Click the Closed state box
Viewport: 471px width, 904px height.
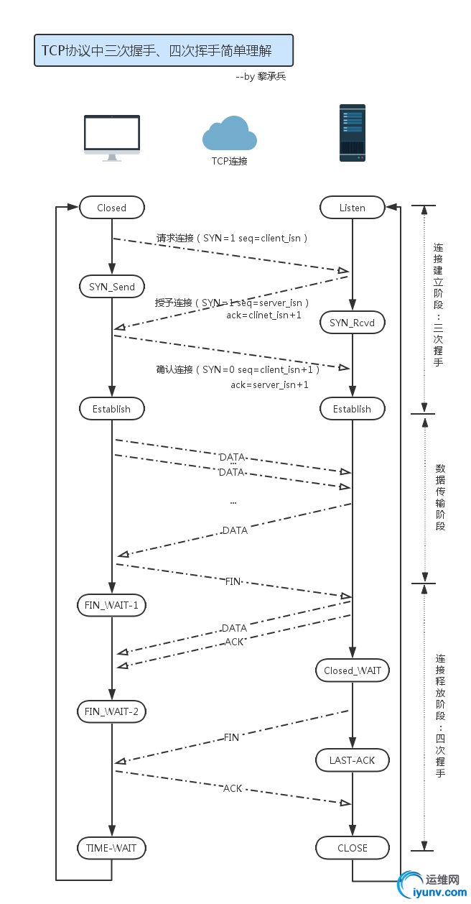(111, 208)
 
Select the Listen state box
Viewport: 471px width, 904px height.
(352, 208)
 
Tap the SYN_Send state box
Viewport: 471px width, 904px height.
(111, 286)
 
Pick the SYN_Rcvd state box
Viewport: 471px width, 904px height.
(352, 323)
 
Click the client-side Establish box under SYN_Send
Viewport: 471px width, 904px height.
(111, 409)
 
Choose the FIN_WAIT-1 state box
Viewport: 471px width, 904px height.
(111, 605)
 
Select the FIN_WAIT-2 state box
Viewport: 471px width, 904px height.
(111, 711)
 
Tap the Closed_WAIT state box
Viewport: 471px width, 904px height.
(352, 670)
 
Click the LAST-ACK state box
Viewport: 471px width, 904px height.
(352, 760)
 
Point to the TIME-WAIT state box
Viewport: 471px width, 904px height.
(111, 848)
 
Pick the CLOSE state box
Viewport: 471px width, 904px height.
(352, 848)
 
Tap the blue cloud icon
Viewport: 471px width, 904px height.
(230, 134)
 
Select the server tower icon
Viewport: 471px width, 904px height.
(352, 133)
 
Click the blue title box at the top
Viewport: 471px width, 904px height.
(163, 50)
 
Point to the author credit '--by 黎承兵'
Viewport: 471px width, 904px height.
(261, 76)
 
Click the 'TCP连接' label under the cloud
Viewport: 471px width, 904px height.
(230, 161)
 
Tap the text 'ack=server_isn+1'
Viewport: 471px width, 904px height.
(269, 385)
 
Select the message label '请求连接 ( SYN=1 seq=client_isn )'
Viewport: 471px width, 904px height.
(233, 238)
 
